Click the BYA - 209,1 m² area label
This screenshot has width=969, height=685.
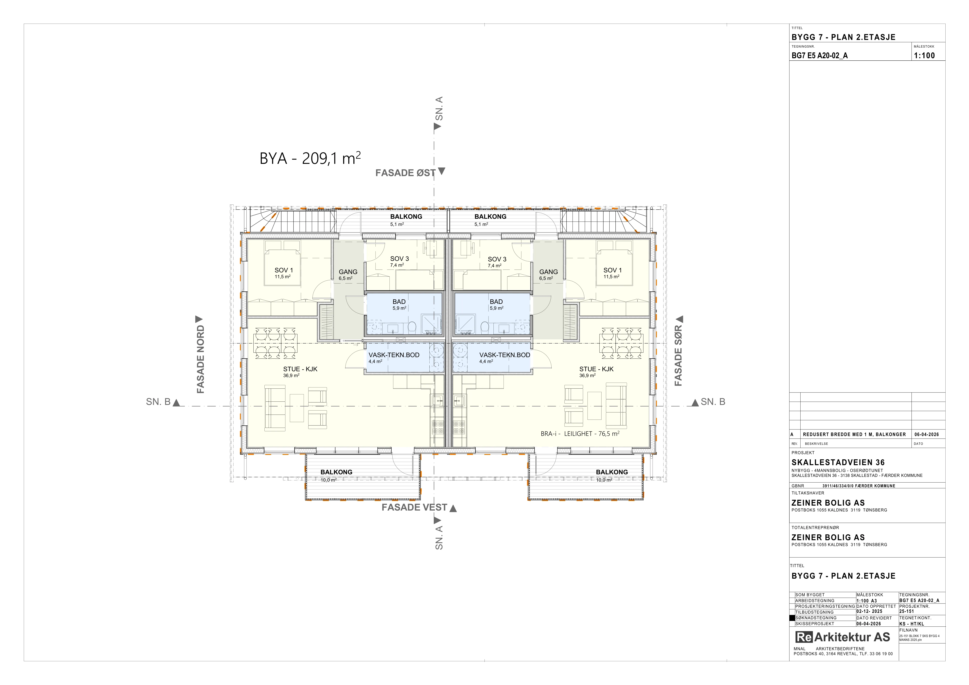pyautogui.click(x=310, y=158)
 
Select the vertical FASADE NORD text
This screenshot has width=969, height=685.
pyautogui.click(x=201, y=359)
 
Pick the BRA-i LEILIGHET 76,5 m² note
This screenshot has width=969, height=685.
pyautogui.click(x=580, y=434)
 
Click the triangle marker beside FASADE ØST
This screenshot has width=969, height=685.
pyautogui.click(x=441, y=171)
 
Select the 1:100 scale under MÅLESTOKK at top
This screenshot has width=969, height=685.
pyautogui.click(x=924, y=55)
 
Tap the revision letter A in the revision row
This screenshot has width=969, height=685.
pyautogui.click(x=792, y=434)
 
